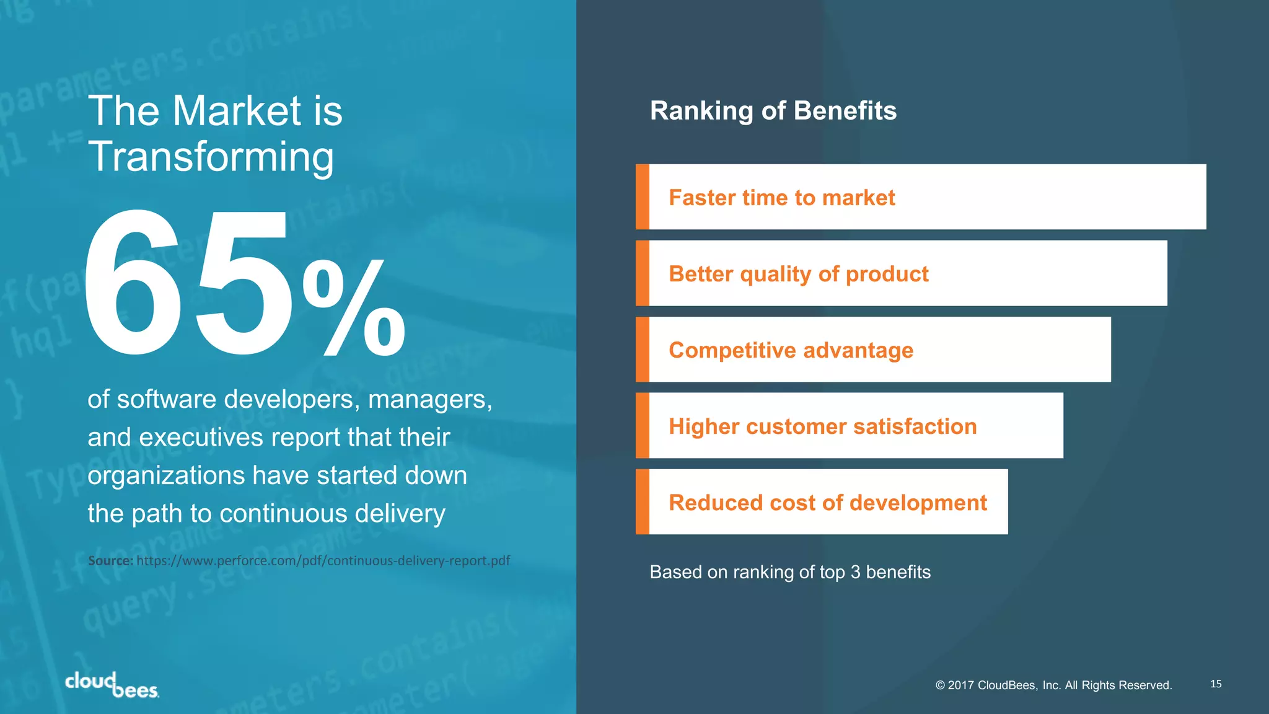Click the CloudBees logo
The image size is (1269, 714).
point(112,685)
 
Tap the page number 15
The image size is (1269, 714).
point(1216,684)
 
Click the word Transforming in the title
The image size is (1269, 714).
point(211,156)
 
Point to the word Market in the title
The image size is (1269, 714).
point(236,111)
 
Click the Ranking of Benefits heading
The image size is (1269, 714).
point(773,111)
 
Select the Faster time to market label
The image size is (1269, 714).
point(781,198)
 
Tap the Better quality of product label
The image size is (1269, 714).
point(798,274)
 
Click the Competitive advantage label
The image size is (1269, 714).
point(791,350)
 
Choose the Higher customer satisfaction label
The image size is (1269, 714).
point(822,426)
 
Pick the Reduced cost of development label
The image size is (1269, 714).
point(827,503)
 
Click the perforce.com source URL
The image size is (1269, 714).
point(323,561)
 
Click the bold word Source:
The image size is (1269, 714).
point(110,561)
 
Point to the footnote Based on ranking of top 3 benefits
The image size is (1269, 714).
point(789,572)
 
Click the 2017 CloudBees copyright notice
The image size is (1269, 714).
point(1053,685)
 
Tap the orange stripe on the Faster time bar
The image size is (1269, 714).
point(643,197)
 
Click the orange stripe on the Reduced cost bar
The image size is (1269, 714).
point(643,502)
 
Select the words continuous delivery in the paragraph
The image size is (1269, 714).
point(332,514)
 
